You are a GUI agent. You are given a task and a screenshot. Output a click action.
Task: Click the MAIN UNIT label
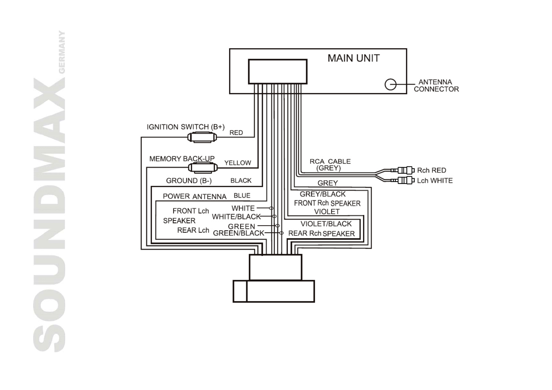pyautogui.click(x=353, y=58)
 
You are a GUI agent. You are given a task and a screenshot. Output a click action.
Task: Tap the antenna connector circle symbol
pyautogui.click(x=390, y=85)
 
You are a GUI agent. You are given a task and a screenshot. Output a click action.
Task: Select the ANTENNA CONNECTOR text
pyautogui.click(x=436, y=86)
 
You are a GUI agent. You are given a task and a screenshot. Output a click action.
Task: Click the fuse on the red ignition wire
pyautogui.click(x=202, y=137)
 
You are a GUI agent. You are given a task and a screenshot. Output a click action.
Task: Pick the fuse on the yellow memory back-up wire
pyautogui.click(x=203, y=168)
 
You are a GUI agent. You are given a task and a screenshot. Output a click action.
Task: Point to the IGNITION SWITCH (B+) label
pyautogui.click(x=186, y=127)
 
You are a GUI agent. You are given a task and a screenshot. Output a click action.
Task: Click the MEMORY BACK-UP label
pyautogui.click(x=182, y=159)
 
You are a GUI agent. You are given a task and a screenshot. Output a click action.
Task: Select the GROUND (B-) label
pyautogui.click(x=189, y=181)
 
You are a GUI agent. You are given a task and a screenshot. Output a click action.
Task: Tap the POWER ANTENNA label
pyautogui.click(x=194, y=196)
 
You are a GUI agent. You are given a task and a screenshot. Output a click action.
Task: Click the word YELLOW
pyautogui.click(x=238, y=163)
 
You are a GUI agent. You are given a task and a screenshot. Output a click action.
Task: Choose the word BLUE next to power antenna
pyautogui.click(x=242, y=196)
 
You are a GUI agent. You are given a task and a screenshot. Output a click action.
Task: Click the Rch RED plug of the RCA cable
pyautogui.click(x=405, y=170)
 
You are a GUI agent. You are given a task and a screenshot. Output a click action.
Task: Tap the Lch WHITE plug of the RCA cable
pyautogui.click(x=405, y=180)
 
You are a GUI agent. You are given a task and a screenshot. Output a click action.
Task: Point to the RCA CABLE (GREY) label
pyautogui.click(x=330, y=165)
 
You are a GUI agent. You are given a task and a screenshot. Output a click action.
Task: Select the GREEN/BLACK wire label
pyautogui.click(x=239, y=233)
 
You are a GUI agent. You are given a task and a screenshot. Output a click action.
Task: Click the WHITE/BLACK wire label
pyautogui.click(x=236, y=217)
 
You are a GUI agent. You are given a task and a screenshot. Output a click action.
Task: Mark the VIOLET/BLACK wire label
pyautogui.click(x=326, y=224)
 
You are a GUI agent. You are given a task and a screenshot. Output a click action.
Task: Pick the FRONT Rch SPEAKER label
pyautogui.click(x=327, y=203)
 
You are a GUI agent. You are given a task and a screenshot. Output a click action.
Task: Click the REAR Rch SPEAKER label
pyautogui.click(x=321, y=233)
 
